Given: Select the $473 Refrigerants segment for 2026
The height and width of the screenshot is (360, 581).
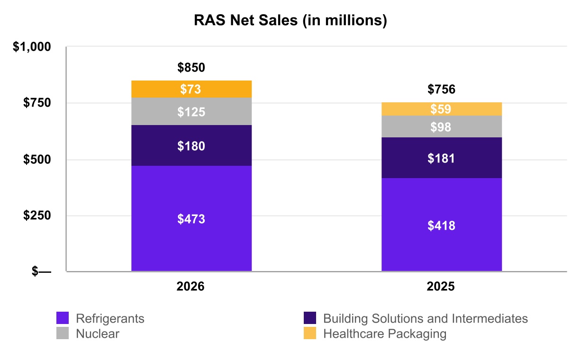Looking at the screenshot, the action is [x=191, y=218].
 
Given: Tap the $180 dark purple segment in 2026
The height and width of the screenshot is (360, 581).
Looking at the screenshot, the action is [x=191, y=145].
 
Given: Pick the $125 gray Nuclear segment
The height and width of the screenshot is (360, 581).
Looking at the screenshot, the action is [x=191, y=111].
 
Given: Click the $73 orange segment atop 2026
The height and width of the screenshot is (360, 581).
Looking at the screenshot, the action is [x=191, y=89].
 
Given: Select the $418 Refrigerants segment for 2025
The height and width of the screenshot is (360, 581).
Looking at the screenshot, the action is [x=442, y=225].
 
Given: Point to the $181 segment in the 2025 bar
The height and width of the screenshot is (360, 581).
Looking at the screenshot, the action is [x=442, y=158].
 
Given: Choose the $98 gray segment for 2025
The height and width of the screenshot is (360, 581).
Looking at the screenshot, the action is [x=442, y=126].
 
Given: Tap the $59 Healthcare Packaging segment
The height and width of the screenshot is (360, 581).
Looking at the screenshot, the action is [x=442, y=109].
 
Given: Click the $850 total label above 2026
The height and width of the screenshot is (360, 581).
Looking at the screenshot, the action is [x=191, y=67].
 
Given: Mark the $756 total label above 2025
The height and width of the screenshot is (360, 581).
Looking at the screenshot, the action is [x=441, y=89].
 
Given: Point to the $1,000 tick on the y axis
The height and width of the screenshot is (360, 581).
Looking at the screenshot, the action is [x=32, y=47].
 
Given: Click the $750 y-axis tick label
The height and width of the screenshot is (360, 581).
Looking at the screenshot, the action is [x=37, y=103].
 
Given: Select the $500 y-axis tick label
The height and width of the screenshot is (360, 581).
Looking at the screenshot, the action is [x=37, y=159].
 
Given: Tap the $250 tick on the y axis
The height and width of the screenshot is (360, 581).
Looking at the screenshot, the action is [x=37, y=215].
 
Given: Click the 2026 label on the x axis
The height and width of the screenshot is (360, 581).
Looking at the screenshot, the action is [x=191, y=287].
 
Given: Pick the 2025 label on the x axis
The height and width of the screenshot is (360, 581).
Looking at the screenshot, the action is [x=441, y=287].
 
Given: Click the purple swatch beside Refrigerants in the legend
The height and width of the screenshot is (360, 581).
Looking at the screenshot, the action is [x=63, y=318].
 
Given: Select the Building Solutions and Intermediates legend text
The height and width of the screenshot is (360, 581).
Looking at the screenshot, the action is [x=426, y=318].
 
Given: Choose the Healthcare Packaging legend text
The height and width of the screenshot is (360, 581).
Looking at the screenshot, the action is [x=385, y=334].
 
